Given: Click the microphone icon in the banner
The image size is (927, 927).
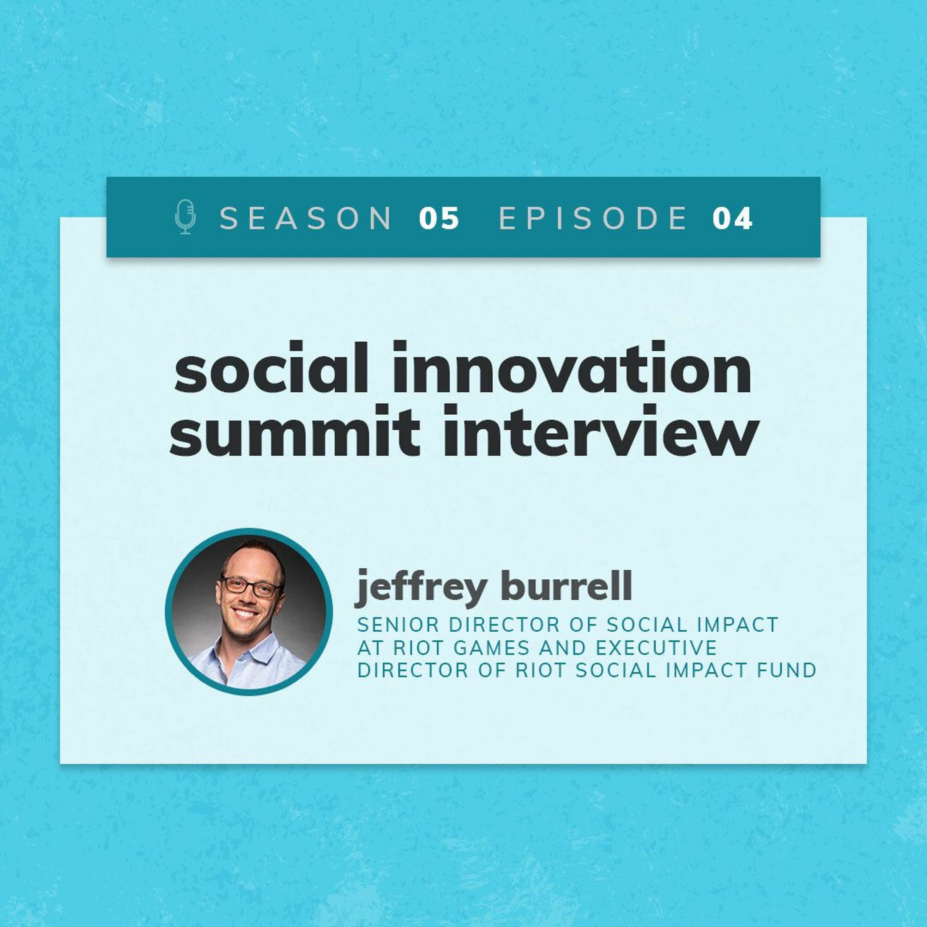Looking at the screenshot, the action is [x=185, y=217].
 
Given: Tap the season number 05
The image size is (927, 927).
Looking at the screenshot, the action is [x=439, y=218].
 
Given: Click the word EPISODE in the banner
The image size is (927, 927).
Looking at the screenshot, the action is [x=593, y=218].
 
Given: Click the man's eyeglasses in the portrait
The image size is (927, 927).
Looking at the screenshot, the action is [x=251, y=587].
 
